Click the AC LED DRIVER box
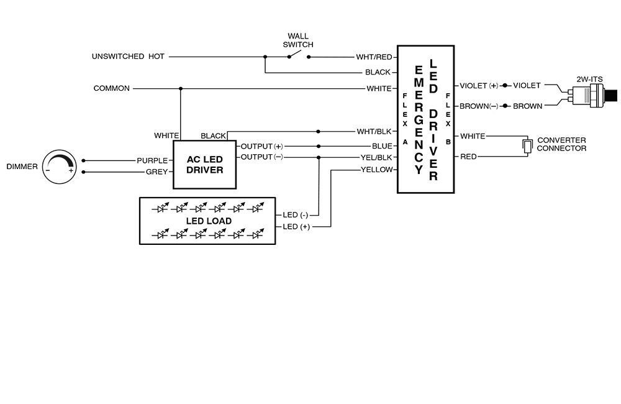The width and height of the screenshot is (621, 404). coord(204,165)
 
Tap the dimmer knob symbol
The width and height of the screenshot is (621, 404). coord(59,166)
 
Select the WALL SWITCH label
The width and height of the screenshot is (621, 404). coord(298,40)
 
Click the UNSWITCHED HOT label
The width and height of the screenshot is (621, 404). coord(128,57)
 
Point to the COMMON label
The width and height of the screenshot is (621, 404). coord(112,88)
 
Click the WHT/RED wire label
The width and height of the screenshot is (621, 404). coord(374,57)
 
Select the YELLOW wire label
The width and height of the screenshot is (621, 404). coord(376,170)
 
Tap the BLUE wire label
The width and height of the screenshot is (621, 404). coord(382,146)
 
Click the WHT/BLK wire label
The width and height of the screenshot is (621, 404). coord(374,131)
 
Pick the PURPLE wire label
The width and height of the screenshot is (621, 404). coord(152,160)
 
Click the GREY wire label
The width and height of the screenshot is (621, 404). coord(156,172)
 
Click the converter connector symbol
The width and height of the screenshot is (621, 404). coord(527,145)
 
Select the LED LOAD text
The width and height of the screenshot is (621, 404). coord(209,221)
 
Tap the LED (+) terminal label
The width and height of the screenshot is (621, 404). coord(296,227)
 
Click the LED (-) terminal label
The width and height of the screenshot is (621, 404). coord(296,215)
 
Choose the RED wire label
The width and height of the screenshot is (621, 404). coord(468,157)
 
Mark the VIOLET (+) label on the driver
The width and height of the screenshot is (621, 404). coord(479,85)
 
